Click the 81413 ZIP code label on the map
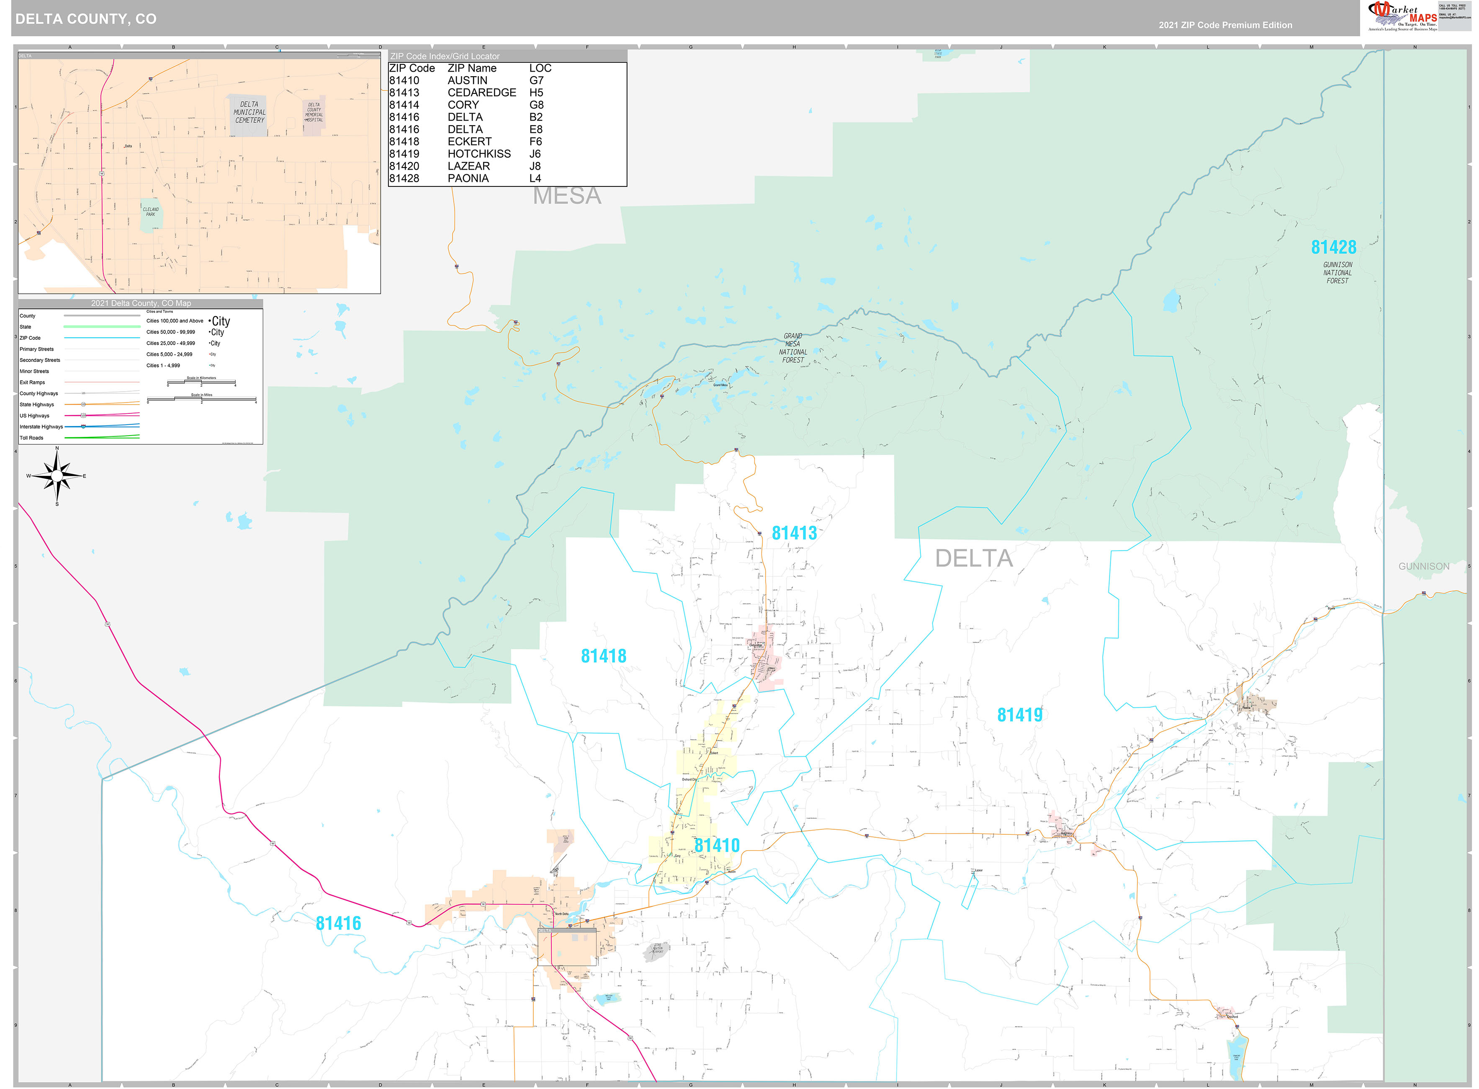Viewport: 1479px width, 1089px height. [794, 533]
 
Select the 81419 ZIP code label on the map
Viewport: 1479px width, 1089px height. [1019, 715]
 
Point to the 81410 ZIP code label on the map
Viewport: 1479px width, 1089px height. [717, 845]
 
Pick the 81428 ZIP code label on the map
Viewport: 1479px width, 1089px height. [1333, 247]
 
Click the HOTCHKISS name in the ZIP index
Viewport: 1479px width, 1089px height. [479, 154]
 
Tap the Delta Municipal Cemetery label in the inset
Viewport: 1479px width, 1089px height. [249, 113]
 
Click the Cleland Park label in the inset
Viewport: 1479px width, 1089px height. [150, 212]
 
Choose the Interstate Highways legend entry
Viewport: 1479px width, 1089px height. [41, 426]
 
